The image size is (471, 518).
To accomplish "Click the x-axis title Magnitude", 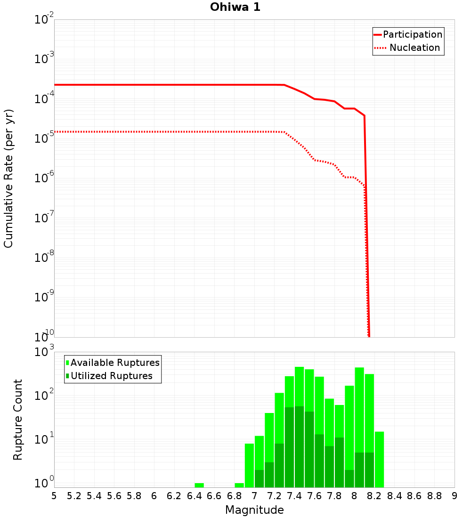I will point(254,510).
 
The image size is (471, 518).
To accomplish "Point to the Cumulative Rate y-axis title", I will point(8,178).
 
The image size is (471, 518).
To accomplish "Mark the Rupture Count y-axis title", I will point(18,420).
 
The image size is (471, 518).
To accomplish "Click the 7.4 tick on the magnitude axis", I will point(294,496).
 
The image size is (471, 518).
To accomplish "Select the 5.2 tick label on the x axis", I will point(74,496).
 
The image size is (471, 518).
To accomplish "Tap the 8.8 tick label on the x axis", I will point(434,496).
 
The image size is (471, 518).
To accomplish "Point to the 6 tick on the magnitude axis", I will point(154,496).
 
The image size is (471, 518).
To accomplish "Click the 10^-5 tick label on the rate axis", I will point(44,138).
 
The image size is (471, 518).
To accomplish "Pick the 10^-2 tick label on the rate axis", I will point(44,19).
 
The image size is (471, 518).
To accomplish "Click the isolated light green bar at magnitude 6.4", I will point(199,485).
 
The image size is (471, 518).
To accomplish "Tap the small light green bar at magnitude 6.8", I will point(239,485).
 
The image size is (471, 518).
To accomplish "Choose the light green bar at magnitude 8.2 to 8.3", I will point(379,459).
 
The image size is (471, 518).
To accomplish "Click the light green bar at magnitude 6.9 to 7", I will point(249,465).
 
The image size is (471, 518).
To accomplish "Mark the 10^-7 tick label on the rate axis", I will point(44,217).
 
